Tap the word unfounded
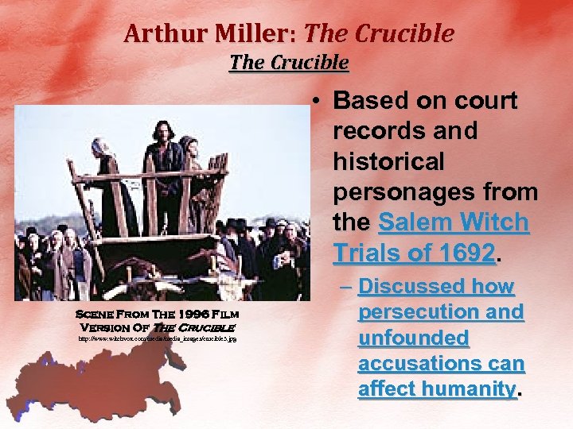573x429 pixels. coord(413,338)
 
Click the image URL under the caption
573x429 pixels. coord(157,339)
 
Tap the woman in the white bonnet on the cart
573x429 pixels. coord(105,159)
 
